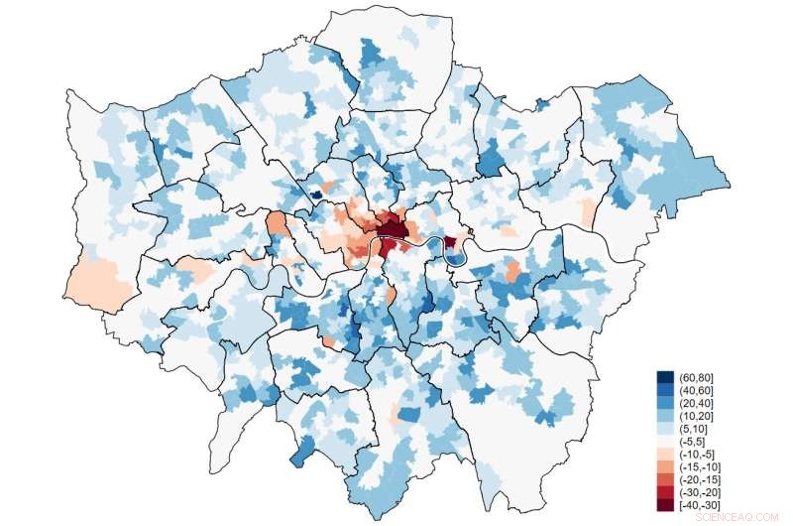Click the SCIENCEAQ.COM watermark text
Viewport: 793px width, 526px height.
tap(737, 517)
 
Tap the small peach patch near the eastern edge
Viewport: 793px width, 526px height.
tap(588, 211)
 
